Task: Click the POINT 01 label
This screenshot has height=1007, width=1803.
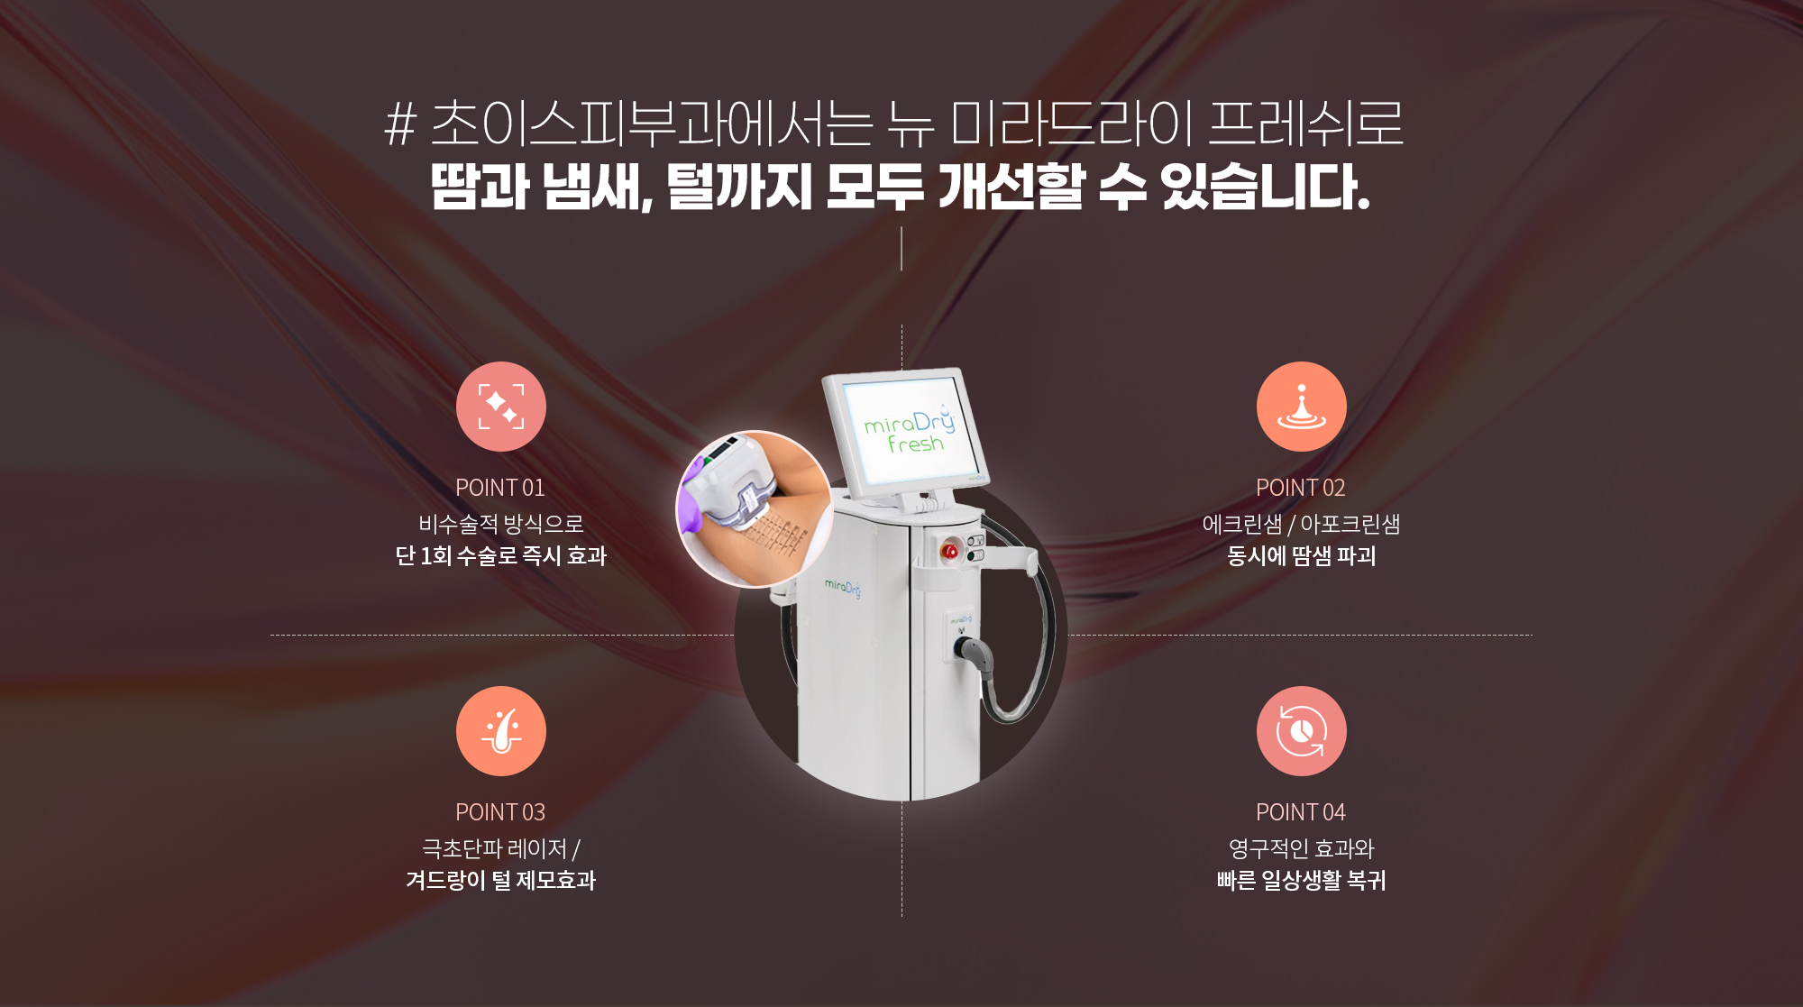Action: coord(500,488)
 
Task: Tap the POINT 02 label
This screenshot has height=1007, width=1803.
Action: coord(1301,488)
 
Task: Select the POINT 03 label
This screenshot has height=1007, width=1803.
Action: coord(500,812)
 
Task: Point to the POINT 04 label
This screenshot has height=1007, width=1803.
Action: coord(1301,812)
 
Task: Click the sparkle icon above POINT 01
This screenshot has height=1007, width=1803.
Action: coord(501,407)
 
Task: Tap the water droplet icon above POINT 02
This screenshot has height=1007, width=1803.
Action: coord(1302,407)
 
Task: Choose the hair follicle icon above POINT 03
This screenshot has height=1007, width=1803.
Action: coord(501,731)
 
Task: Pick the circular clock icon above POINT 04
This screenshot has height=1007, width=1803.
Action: coord(1302,731)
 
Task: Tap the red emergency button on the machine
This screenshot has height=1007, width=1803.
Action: coord(950,550)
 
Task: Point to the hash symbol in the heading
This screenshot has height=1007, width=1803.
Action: coord(400,124)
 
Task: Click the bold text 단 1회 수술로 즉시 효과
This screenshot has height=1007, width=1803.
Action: coord(501,555)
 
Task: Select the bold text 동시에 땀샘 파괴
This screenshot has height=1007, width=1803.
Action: coord(1302,555)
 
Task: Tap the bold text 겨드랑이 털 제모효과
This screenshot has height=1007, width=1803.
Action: coord(501,880)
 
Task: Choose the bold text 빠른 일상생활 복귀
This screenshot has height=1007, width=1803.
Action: coord(1302,880)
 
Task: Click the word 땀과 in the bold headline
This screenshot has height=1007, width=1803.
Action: coord(480,187)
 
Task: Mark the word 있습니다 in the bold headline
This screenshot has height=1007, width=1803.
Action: coord(1265,187)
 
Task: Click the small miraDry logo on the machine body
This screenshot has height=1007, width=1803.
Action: coord(843,588)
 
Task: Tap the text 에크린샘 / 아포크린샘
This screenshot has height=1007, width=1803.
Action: coord(1302,524)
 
